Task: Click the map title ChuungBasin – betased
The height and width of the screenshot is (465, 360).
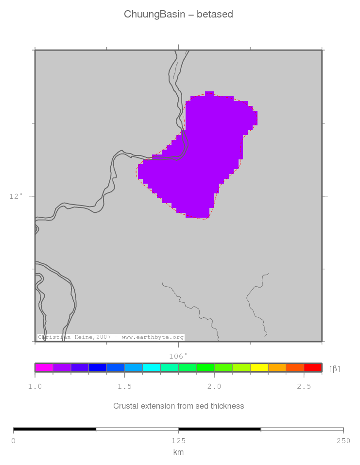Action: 178,14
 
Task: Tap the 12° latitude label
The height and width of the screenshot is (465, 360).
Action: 16,196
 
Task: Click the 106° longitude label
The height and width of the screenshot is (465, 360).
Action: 178,356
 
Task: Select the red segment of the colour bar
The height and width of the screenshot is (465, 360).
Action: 312,367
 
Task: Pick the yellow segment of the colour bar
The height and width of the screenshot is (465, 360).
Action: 259,367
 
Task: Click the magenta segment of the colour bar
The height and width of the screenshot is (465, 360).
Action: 44,367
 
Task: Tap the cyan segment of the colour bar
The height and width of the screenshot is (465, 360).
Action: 152,367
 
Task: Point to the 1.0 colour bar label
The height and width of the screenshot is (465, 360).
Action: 35,386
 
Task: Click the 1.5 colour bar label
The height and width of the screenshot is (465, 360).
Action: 125,386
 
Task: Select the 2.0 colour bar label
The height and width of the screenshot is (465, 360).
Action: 214,386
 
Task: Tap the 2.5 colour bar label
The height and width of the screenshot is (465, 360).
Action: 304,386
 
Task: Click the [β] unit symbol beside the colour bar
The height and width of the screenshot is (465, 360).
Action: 335,369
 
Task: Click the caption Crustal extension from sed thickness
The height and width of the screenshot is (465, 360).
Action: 178,406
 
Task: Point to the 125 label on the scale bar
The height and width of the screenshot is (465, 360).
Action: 178,441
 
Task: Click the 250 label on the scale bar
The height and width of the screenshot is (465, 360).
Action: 343,441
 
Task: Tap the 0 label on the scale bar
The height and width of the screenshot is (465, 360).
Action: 14,441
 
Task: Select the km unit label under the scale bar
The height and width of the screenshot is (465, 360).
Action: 178,452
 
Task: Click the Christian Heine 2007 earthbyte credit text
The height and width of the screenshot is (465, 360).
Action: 111,337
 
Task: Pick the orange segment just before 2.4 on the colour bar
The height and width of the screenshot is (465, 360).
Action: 277,367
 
